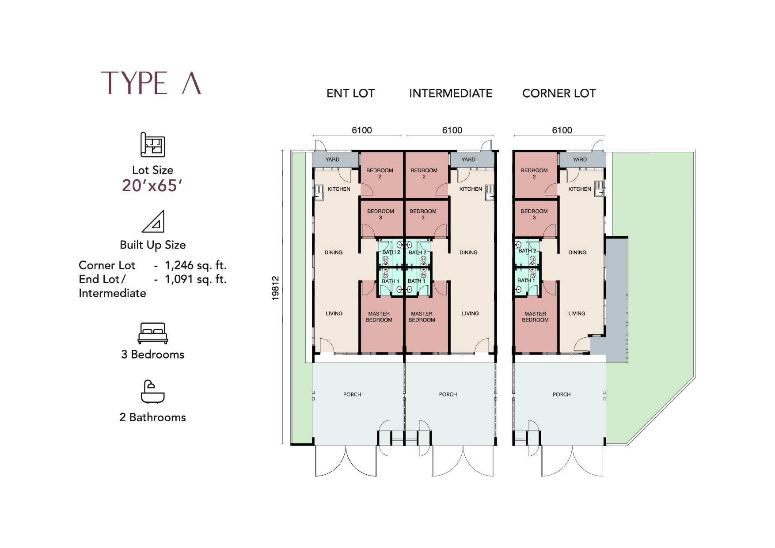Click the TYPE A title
151,83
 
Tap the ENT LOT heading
350,94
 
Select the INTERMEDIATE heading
451,94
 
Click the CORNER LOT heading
559,94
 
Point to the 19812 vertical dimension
276,288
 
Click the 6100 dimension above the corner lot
562,130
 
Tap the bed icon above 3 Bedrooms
152,333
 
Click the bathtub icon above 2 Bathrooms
152,392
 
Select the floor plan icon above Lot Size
152,144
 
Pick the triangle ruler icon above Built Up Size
153,221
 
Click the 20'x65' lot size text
152,186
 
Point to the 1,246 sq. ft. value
196,265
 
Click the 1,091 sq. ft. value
196,279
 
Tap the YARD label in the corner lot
580,159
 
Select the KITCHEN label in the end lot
339,189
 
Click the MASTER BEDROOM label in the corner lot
535,317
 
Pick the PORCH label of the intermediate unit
448,394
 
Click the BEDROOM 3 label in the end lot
380,214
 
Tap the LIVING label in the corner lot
577,314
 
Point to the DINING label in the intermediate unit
468,253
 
